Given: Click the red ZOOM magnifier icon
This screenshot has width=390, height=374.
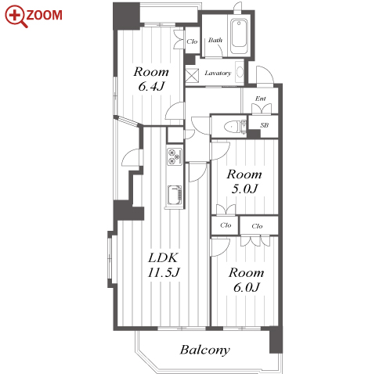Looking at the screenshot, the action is (16, 16).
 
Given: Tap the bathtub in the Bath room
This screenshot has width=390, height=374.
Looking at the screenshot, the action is (239, 36).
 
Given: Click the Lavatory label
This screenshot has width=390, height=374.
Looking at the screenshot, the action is (218, 73).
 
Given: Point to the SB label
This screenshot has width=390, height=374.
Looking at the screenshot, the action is (264, 125).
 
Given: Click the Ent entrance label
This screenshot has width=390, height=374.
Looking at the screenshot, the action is (261, 99).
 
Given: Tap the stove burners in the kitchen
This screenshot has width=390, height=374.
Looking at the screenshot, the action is (175, 156).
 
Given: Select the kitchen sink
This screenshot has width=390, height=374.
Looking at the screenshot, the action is (175, 195).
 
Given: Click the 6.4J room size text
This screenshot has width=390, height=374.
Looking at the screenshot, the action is (151, 87).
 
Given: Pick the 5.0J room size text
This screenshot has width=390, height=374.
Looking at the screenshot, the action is (244, 189).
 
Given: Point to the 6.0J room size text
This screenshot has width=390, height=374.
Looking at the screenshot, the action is (247, 287).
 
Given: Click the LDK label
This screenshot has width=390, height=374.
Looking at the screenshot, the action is (163, 257).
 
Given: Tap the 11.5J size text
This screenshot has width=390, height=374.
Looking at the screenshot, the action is (164, 272).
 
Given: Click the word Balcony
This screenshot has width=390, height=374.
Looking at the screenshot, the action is (205, 350).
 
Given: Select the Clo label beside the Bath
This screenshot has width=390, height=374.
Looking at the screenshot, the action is (192, 41).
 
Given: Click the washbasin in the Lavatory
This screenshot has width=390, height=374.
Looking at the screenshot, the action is (240, 72).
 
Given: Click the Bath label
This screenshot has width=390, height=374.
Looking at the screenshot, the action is (215, 40).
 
